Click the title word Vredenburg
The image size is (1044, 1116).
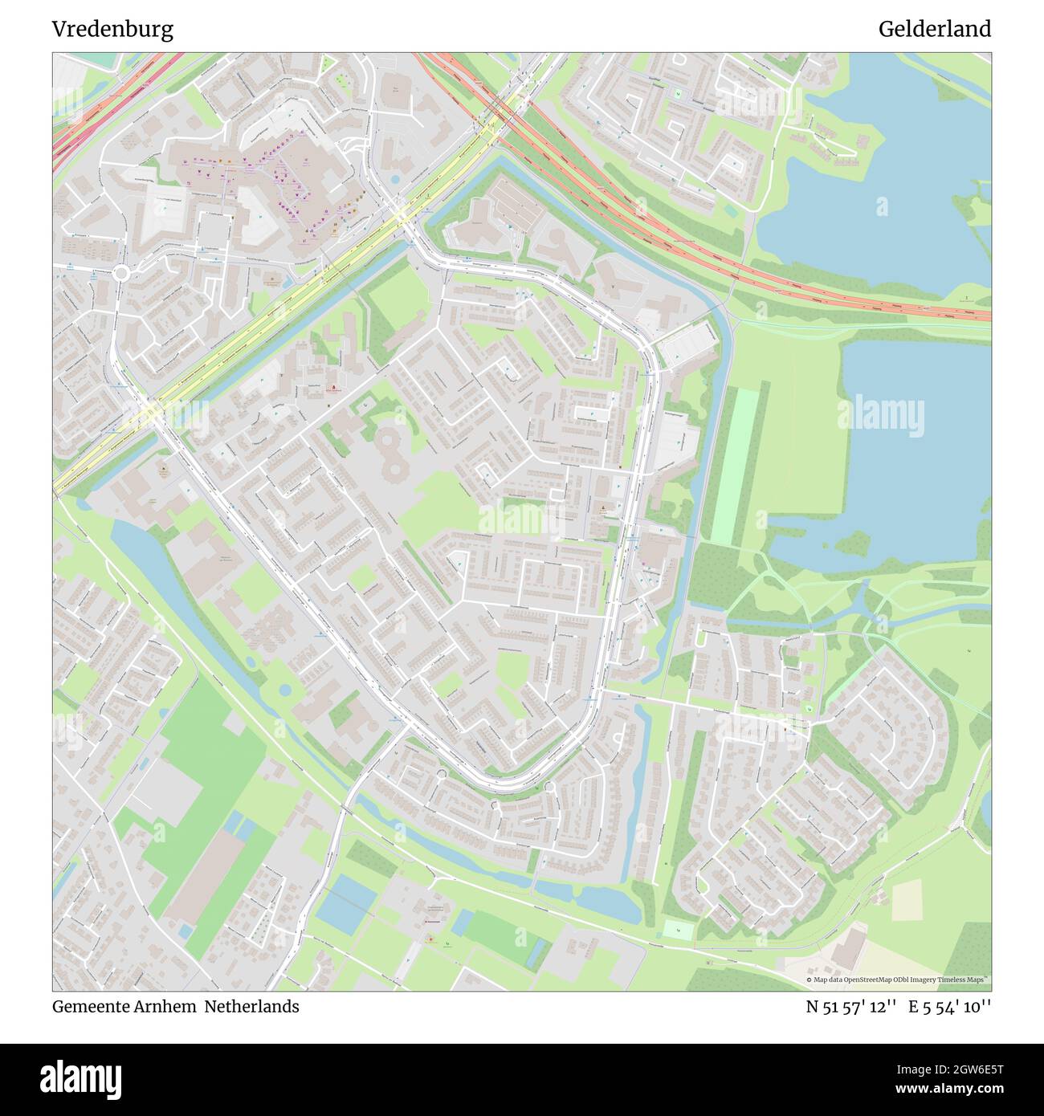coord(112,30)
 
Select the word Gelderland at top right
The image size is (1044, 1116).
coord(934,30)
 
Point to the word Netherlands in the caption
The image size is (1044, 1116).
coord(251,1007)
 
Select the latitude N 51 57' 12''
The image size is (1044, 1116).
coord(850,1007)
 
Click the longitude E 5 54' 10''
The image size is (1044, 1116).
coord(949,1007)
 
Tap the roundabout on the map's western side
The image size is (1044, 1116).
coord(121,274)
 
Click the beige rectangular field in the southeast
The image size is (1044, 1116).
coord(907,900)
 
